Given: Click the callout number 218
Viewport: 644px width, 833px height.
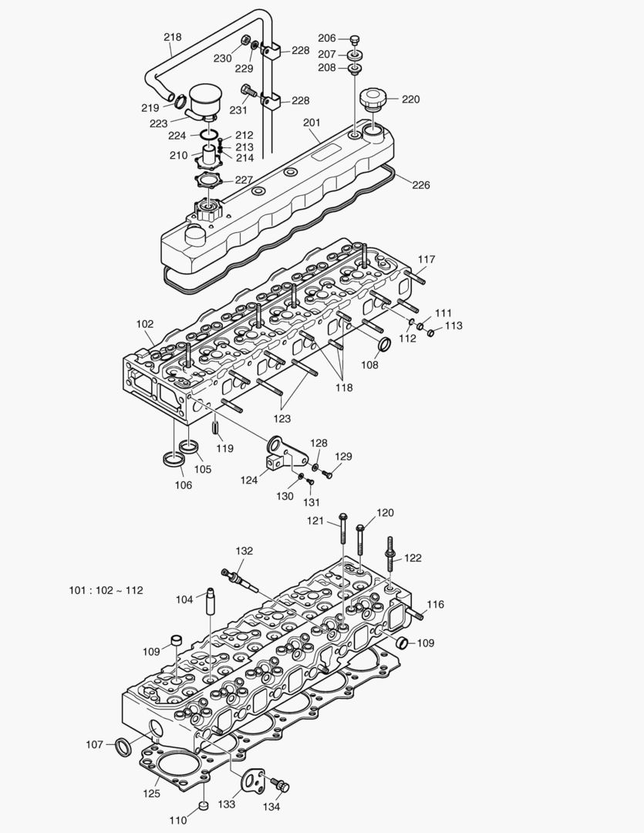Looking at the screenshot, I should (173, 37).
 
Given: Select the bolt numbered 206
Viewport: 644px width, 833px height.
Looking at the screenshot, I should (355, 39).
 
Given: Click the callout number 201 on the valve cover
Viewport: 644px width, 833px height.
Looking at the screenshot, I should (312, 123).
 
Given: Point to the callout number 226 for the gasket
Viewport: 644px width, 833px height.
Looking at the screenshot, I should (421, 185).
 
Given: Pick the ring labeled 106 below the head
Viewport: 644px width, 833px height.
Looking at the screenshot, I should (174, 460).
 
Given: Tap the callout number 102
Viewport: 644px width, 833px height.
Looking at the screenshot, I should (145, 324).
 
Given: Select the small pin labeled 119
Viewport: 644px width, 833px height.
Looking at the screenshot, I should (217, 427).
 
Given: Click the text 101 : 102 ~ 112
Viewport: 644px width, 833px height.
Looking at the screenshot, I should (106, 591).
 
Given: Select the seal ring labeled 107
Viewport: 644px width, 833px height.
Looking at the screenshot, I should (122, 747).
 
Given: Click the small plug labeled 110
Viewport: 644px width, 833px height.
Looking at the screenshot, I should (204, 806).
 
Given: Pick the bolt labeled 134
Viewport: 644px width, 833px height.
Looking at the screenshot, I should (283, 786).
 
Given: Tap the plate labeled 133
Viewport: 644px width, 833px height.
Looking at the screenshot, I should (251, 780).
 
